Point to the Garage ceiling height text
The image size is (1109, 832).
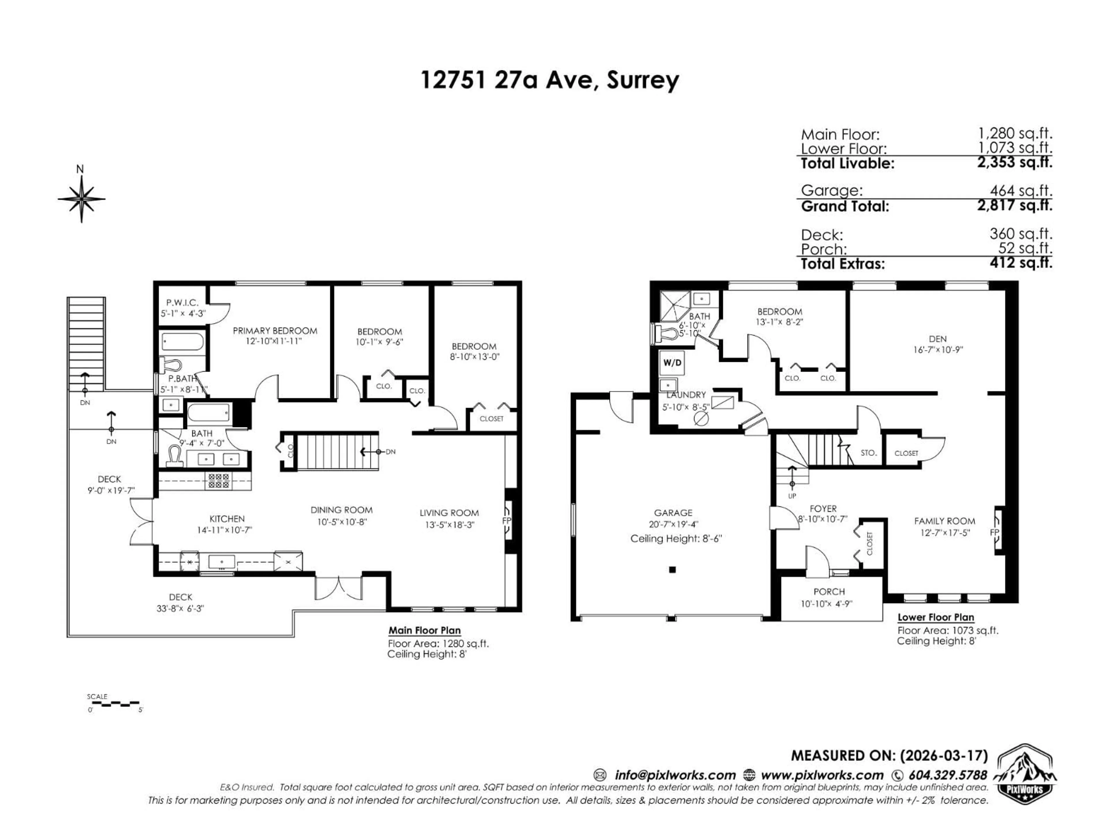[675, 538]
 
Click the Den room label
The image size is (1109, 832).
[937, 339]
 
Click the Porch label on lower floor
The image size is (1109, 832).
[829, 592]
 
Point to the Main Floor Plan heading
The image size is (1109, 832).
[424, 630]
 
